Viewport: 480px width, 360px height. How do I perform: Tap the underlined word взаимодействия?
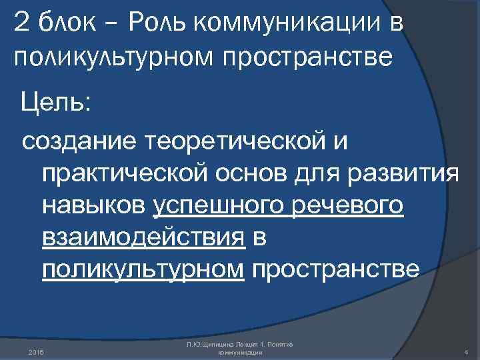pos(142,237)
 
